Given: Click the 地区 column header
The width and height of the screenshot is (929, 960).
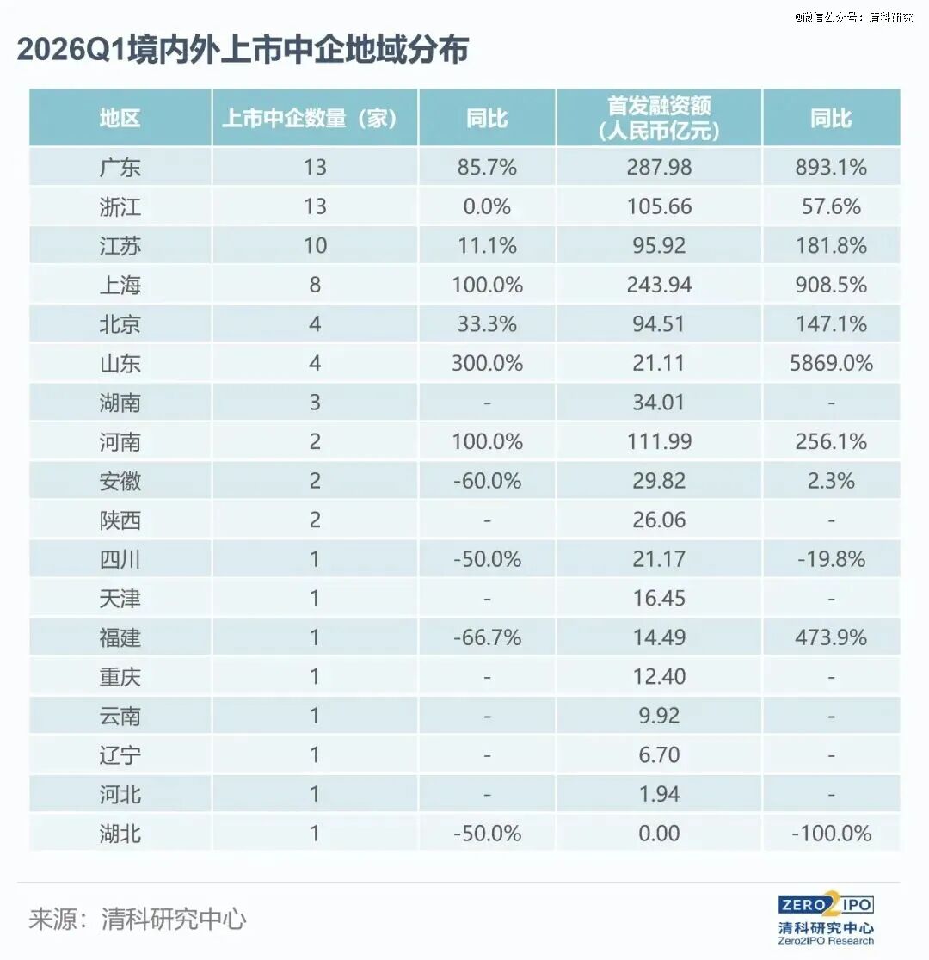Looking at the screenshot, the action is click(x=120, y=118).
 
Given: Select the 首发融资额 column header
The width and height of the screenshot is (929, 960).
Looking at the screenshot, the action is click(x=659, y=118).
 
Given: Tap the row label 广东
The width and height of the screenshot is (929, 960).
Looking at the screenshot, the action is click(x=120, y=167).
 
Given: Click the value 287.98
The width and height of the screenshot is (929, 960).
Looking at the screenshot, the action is click(x=659, y=167).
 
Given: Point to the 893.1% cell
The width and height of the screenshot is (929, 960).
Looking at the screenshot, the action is click(x=831, y=167).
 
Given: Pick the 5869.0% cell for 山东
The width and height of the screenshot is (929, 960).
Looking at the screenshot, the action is click(x=831, y=363).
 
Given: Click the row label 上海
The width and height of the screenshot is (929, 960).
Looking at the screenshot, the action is click(x=120, y=285).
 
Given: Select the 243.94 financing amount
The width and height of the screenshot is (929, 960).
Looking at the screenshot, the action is click(x=659, y=285).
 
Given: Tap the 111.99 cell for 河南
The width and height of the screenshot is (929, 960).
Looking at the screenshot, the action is click(x=659, y=441).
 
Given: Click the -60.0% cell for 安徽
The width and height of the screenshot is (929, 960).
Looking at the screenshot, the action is click(x=488, y=481).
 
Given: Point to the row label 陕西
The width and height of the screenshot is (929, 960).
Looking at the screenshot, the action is click(x=120, y=520).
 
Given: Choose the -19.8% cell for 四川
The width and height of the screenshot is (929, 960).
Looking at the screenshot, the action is click(x=831, y=559).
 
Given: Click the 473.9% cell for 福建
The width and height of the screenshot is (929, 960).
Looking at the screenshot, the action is click(x=831, y=637).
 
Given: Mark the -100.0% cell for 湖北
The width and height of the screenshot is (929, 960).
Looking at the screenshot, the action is click(x=831, y=834).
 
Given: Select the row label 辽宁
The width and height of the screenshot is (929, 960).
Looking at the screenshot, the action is click(x=120, y=755).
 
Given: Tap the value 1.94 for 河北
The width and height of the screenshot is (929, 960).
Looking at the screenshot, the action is click(x=659, y=794).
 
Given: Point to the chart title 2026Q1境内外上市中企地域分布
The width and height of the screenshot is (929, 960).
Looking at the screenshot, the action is click(x=243, y=50).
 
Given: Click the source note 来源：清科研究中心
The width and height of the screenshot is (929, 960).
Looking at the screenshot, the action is click(x=137, y=919).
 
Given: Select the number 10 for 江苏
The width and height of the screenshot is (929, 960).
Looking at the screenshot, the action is click(x=315, y=245).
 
